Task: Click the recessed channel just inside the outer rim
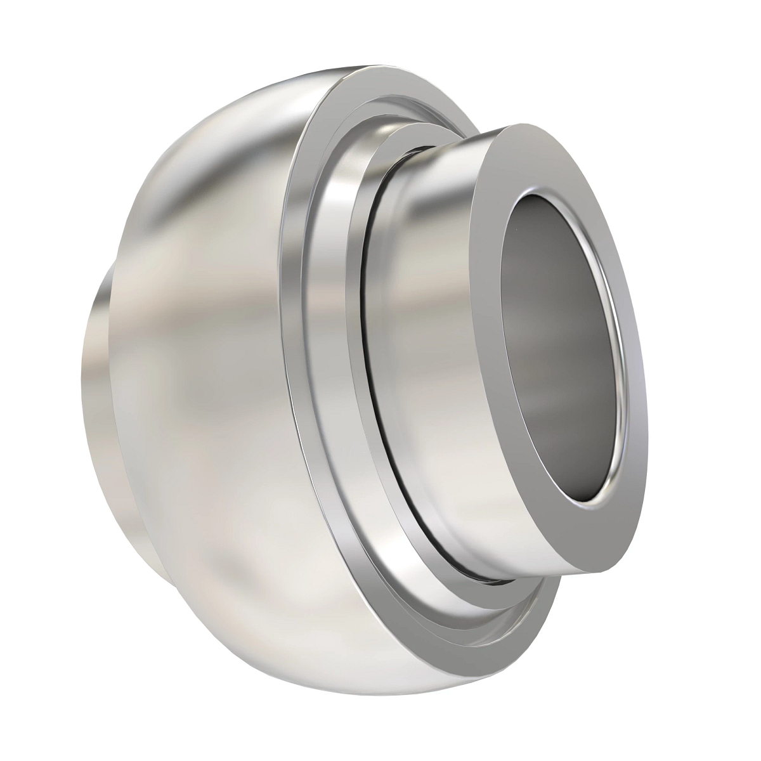(330, 317)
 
